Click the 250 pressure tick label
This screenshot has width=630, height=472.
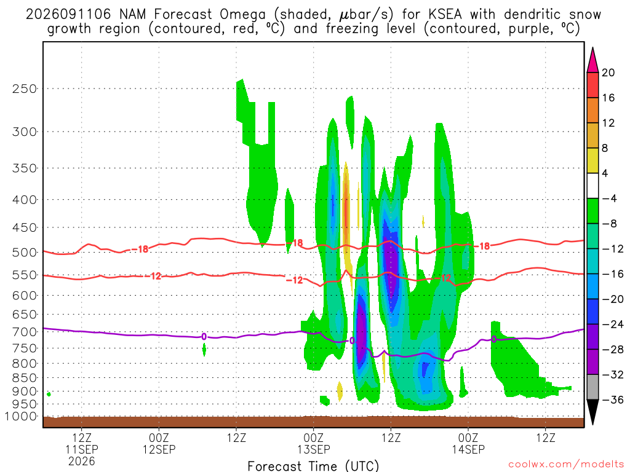(24, 88)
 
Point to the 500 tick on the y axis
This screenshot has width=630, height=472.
(24, 253)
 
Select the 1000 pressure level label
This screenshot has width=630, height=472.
(21, 417)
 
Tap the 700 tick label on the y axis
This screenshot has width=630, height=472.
(24, 332)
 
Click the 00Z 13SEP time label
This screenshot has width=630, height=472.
(313, 444)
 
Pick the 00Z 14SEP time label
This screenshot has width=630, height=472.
(468, 444)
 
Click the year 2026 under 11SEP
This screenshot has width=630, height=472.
(82, 461)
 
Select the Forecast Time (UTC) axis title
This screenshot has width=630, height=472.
(313, 466)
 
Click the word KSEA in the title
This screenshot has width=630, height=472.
(445, 15)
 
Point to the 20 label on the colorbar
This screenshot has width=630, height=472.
(608, 73)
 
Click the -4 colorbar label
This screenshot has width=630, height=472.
(610, 199)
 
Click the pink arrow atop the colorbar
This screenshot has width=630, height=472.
(592, 60)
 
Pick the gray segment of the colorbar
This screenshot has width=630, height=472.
(592, 387)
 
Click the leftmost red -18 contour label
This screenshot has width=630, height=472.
(140, 250)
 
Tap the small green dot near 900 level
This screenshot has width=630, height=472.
(49, 394)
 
